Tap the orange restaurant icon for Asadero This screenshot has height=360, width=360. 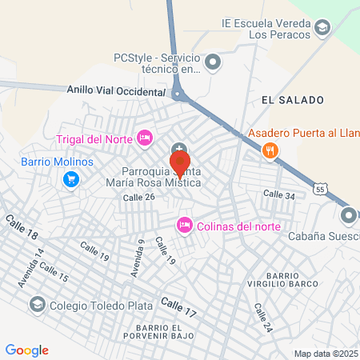[x=270, y=150]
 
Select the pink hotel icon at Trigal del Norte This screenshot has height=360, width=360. [x=145, y=138]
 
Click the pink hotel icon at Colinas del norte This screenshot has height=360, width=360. [x=184, y=224]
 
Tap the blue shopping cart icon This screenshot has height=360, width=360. [x=71, y=179]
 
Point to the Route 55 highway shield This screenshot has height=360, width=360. [x=321, y=189]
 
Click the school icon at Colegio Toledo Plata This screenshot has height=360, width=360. [x=37, y=304]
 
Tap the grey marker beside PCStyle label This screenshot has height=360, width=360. [x=213, y=62]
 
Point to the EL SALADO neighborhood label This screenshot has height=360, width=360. [x=292, y=100]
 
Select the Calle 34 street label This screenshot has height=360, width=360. [x=279, y=194]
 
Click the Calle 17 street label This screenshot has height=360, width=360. [x=178, y=305]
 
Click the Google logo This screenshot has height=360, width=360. [x=27, y=350]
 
